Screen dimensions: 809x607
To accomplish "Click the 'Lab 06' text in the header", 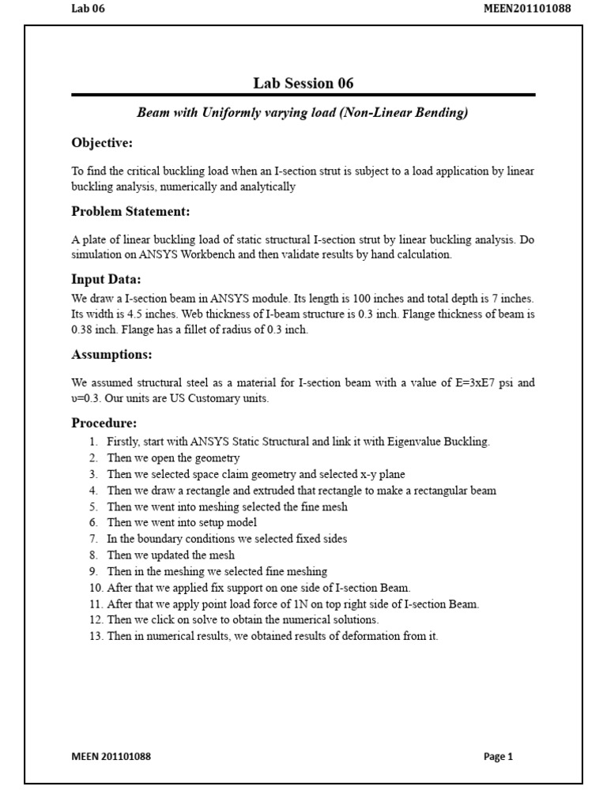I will (x=88, y=9).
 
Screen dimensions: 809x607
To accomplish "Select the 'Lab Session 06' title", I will (x=303, y=83).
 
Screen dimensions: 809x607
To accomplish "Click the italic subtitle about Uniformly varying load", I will (x=303, y=113).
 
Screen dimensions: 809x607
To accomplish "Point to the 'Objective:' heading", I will (x=102, y=143).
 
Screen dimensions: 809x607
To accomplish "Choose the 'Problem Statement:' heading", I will (x=130, y=212).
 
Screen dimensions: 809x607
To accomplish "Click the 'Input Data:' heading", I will (x=106, y=280).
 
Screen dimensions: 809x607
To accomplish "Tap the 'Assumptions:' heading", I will (x=111, y=354).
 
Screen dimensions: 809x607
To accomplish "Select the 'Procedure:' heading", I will (x=104, y=423).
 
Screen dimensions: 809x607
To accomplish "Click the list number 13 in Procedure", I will (x=96, y=636).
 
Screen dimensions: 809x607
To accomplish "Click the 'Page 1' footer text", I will (x=498, y=756).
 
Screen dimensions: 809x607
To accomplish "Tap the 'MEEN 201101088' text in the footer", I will (x=111, y=756).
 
